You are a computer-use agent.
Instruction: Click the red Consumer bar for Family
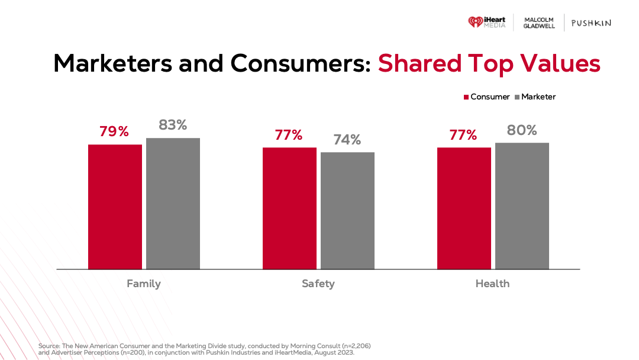pyautogui.click(x=115, y=207)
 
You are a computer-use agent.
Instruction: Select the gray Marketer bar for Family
pyautogui.click(x=173, y=204)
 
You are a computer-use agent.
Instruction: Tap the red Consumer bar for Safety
pyautogui.click(x=289, y=208)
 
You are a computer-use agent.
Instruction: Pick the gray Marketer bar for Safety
pyautogui.click(x=347, y=211)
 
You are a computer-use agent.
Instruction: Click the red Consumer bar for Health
pyautogui.click(x=464, y=208)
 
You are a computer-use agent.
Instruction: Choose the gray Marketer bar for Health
pyautogui.click(x=522, y=206)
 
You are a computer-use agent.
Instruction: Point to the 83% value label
pyautogui.click(x=173, y=125)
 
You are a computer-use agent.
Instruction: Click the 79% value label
pyautogui.click(x=114, y=131)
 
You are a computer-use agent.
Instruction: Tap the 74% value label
pyautogui.click(x=347, y=140)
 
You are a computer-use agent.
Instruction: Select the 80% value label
pyautogui.click(x=522, y=130)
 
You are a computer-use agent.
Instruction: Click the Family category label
pyautogui.click(x=144, y=284)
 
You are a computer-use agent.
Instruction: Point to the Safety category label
pyautogui.click(x=318, y=284)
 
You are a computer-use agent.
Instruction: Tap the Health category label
pyautogui.click(x=492, y=284)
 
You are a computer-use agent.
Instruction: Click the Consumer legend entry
pyautogui.click(x=486, y=97)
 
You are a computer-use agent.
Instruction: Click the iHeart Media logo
pyautogui.click(x=488, y=22)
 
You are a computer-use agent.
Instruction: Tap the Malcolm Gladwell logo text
pyautogui.click(x=540, y=23)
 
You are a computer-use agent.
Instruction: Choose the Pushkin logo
pyautogui.click(x=591, y=23)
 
